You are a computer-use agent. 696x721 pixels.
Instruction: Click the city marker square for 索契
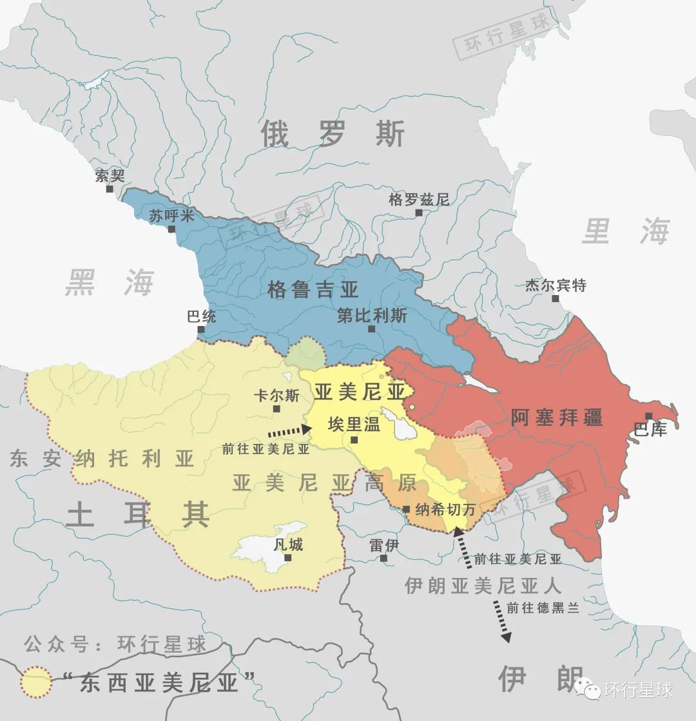(110, 189)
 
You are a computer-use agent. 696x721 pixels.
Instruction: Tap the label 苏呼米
(167, 216)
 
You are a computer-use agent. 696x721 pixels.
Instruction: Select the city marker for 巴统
(201, 329)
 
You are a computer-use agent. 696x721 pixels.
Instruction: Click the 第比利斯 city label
(372, 316)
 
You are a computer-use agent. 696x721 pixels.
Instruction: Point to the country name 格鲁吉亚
(313, 289)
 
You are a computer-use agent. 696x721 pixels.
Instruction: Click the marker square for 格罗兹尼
(419, 212)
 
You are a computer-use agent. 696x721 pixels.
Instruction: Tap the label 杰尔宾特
(556, 285)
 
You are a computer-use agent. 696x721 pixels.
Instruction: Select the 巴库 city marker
(648, 416)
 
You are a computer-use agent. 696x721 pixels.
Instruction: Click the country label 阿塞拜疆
(557, 417)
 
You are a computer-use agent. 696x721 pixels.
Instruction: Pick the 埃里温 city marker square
(354, 440)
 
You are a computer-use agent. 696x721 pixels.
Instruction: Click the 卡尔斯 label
(276, 396)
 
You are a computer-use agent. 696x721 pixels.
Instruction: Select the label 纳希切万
(446, 509)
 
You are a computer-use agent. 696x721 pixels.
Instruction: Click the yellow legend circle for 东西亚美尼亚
(36, 682)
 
